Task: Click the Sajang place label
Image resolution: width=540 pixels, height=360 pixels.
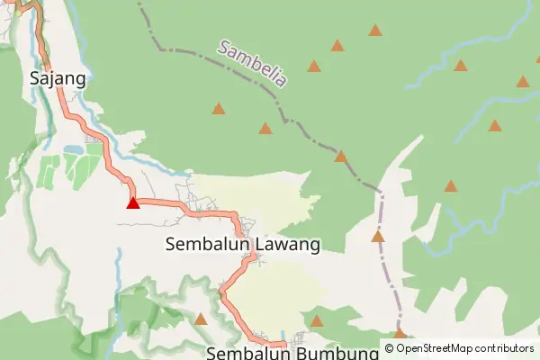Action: pos(58,77)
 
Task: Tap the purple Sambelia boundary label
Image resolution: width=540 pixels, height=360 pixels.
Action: pos(252,63)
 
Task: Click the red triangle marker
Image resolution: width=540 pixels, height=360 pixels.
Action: pos(133,202)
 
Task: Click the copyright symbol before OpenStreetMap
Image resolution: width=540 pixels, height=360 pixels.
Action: pos(389,348)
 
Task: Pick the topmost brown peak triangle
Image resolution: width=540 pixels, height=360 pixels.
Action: pos(375,31)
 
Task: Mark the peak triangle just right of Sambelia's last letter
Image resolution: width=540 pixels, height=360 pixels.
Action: pos(314,66)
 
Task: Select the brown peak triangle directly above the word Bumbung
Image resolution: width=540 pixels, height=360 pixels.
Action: pos(316,320)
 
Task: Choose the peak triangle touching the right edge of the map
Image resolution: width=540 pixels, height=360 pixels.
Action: pos(523,82)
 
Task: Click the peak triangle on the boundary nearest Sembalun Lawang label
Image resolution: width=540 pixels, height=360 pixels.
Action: pos(378,237)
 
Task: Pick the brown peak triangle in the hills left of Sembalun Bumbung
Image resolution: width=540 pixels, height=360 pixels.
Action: pos(201,319)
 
